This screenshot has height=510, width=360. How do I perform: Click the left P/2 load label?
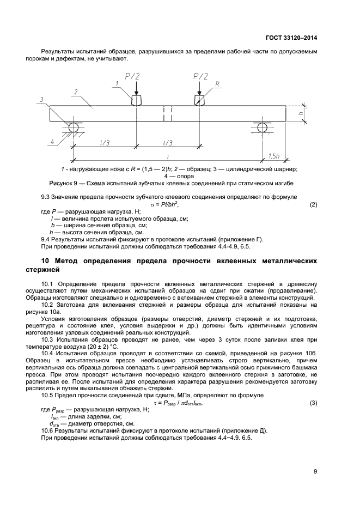[x=133, y=76]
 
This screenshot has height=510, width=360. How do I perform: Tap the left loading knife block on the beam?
[x=136, y=100]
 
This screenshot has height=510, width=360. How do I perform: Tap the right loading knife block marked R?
[x=200, y=100]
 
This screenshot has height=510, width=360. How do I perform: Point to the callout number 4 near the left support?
[x=53, y=142]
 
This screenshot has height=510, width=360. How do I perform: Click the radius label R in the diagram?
[x=217, y=84]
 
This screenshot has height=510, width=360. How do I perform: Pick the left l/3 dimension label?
[x=103, y=142]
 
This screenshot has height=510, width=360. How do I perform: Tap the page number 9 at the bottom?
[x=315, y=472]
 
